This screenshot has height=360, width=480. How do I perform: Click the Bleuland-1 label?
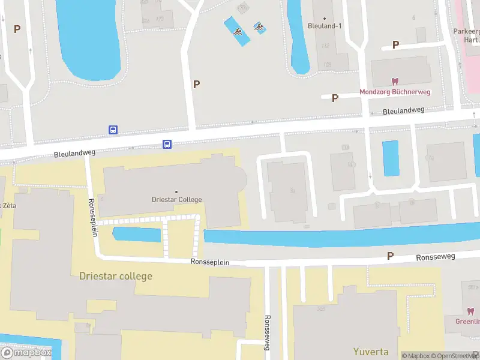click(324, 26)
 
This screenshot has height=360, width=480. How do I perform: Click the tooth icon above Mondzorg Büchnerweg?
click(395, 81)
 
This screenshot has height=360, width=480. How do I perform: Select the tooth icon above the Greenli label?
click(470, 311)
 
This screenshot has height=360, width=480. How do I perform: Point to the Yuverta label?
click(370, 352)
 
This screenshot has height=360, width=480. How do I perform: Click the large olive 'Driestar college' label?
click(116, 276)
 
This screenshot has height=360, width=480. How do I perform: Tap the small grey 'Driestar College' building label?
click(176, 200)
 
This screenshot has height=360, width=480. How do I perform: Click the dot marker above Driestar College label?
click(176, 192)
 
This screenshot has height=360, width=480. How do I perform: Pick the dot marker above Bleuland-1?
click(324, 19)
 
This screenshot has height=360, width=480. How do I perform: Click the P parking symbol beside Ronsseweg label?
click(390, 256)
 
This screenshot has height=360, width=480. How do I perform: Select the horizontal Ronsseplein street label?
click(210, 262)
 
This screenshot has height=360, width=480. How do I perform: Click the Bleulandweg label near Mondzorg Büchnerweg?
click(403, 110)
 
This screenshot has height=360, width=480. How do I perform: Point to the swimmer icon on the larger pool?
click(238, 31)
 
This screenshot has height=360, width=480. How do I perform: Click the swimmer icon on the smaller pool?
click(259, 26)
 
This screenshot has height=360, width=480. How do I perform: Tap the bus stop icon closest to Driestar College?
click(167, 144)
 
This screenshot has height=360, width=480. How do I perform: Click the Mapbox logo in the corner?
click(26, 353)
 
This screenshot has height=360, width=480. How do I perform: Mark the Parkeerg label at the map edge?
click(466, 31)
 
